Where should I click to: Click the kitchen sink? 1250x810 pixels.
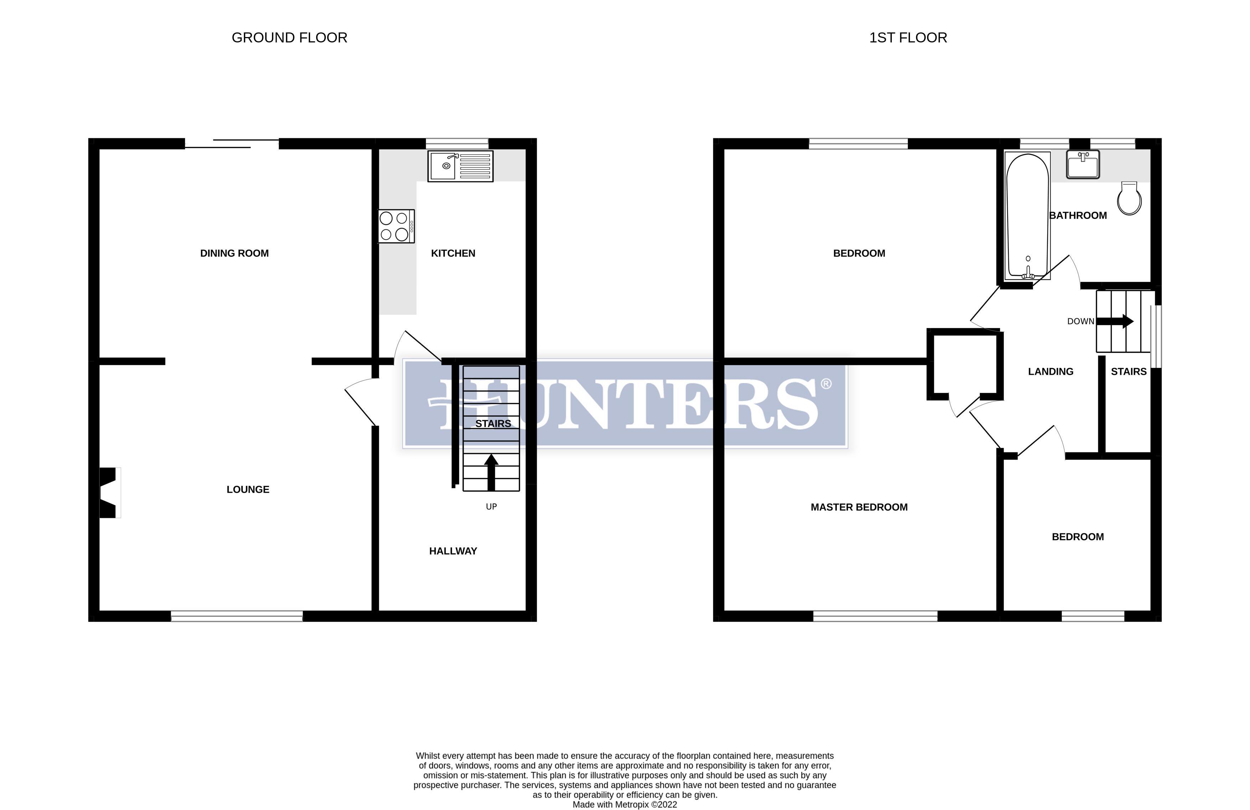pos(460,166)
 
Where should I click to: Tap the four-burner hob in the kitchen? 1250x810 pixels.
pos(396,226)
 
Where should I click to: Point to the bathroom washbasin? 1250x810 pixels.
pos(1082,164)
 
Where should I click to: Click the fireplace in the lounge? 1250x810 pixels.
pos(109,493)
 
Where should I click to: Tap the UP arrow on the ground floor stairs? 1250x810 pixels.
pos(491,472)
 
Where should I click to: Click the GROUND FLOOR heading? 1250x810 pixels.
pos(289,38)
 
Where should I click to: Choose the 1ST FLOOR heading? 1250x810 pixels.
pos(908,38)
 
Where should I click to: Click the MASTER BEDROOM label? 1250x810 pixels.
pos(859,507)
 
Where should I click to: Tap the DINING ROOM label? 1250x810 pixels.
pos(234,253)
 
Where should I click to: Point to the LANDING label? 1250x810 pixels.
pos(1050,372)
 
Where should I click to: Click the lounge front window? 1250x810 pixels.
pos(237,616)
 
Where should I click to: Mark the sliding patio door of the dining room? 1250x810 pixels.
pos(232,143)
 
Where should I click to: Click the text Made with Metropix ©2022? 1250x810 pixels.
pos(624,804)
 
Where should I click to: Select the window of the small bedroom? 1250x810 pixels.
pos(1092,616)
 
